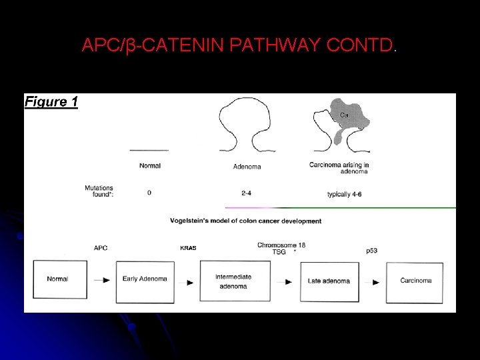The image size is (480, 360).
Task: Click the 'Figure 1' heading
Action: (51, 102)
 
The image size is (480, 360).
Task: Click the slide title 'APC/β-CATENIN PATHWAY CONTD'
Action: (238, 45)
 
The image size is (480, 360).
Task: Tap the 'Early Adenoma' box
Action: (145, 279)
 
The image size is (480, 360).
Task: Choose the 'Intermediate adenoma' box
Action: (235, 281)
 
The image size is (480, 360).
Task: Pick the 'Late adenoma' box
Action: (329, 281)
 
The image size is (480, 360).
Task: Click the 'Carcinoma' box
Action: (415, 281)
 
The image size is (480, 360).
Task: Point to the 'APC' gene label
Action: (101, 248)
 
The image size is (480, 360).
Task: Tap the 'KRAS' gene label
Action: (188, 248)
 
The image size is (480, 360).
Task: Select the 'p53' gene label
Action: (372, 251)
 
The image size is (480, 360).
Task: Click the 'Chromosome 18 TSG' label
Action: (281, 248)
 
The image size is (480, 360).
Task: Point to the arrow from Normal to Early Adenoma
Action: (102, 281)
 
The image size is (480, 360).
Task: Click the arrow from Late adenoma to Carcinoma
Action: (376, 282)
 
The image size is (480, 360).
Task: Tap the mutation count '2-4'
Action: (247, 193)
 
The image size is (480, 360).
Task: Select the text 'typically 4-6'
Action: (349, 194)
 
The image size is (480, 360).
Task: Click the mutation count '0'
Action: (149, 193)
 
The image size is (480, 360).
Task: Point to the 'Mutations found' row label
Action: (99, 191)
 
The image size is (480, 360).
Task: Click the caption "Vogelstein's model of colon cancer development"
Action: (246, 221)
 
